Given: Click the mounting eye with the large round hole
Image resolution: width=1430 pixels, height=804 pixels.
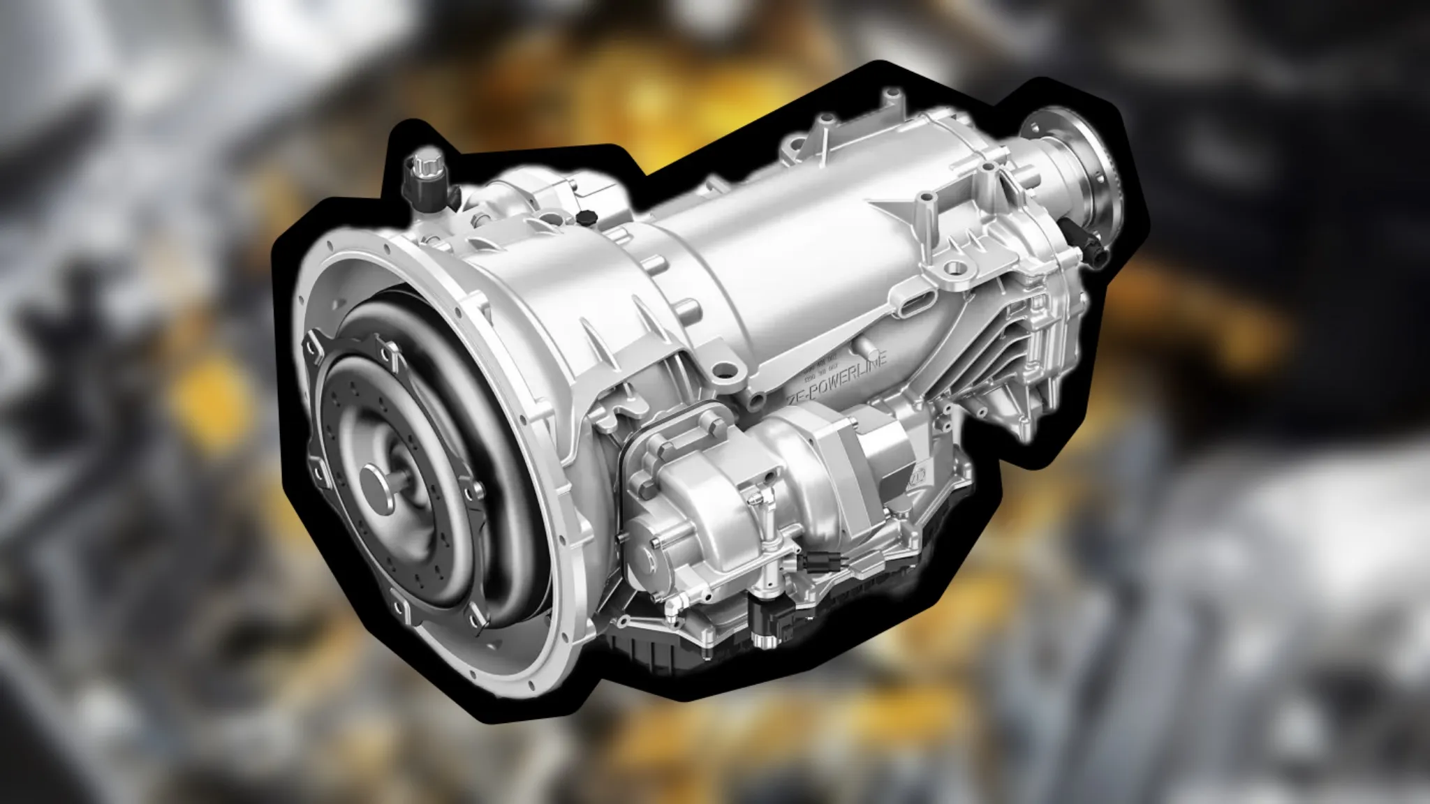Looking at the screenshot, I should pyautogui.click(x=954, y=268).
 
